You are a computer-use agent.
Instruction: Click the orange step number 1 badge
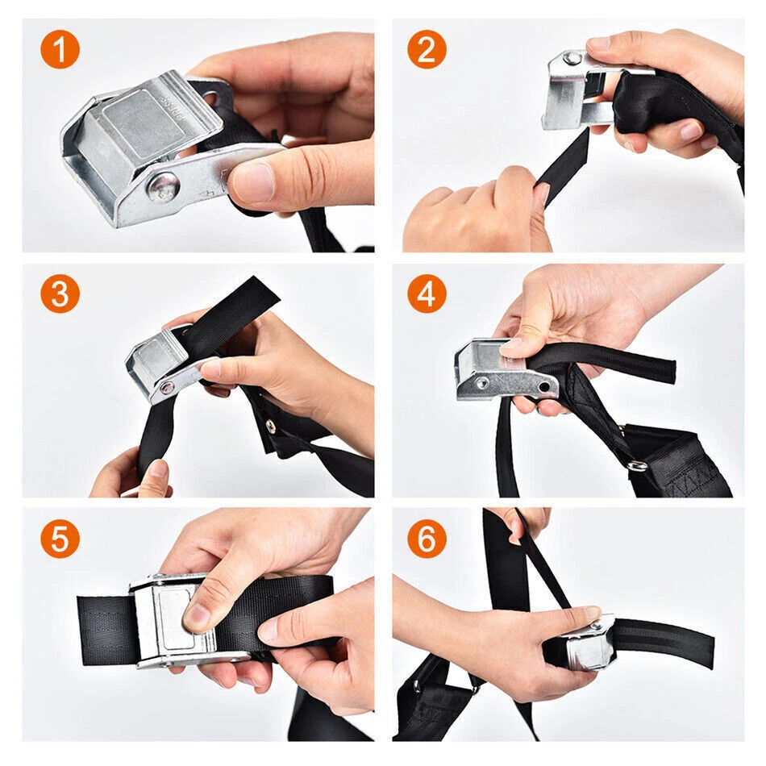click(60, 49)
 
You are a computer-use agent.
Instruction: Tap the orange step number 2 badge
click(427, 49)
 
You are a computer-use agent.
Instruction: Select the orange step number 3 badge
click(60, 293)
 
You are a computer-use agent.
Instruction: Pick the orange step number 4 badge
click(427, 293)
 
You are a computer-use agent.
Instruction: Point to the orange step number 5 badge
click(60, 539)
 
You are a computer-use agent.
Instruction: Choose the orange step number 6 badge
click(427, 539)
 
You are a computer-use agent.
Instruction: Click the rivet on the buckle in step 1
click(164, 186)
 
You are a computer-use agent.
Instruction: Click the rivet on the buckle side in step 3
click(167, 388)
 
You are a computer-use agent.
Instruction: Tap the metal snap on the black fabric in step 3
click(269, 427)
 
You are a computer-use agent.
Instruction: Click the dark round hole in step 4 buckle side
click(544, 387)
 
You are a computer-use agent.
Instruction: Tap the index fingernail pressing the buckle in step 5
click(197, 617)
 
